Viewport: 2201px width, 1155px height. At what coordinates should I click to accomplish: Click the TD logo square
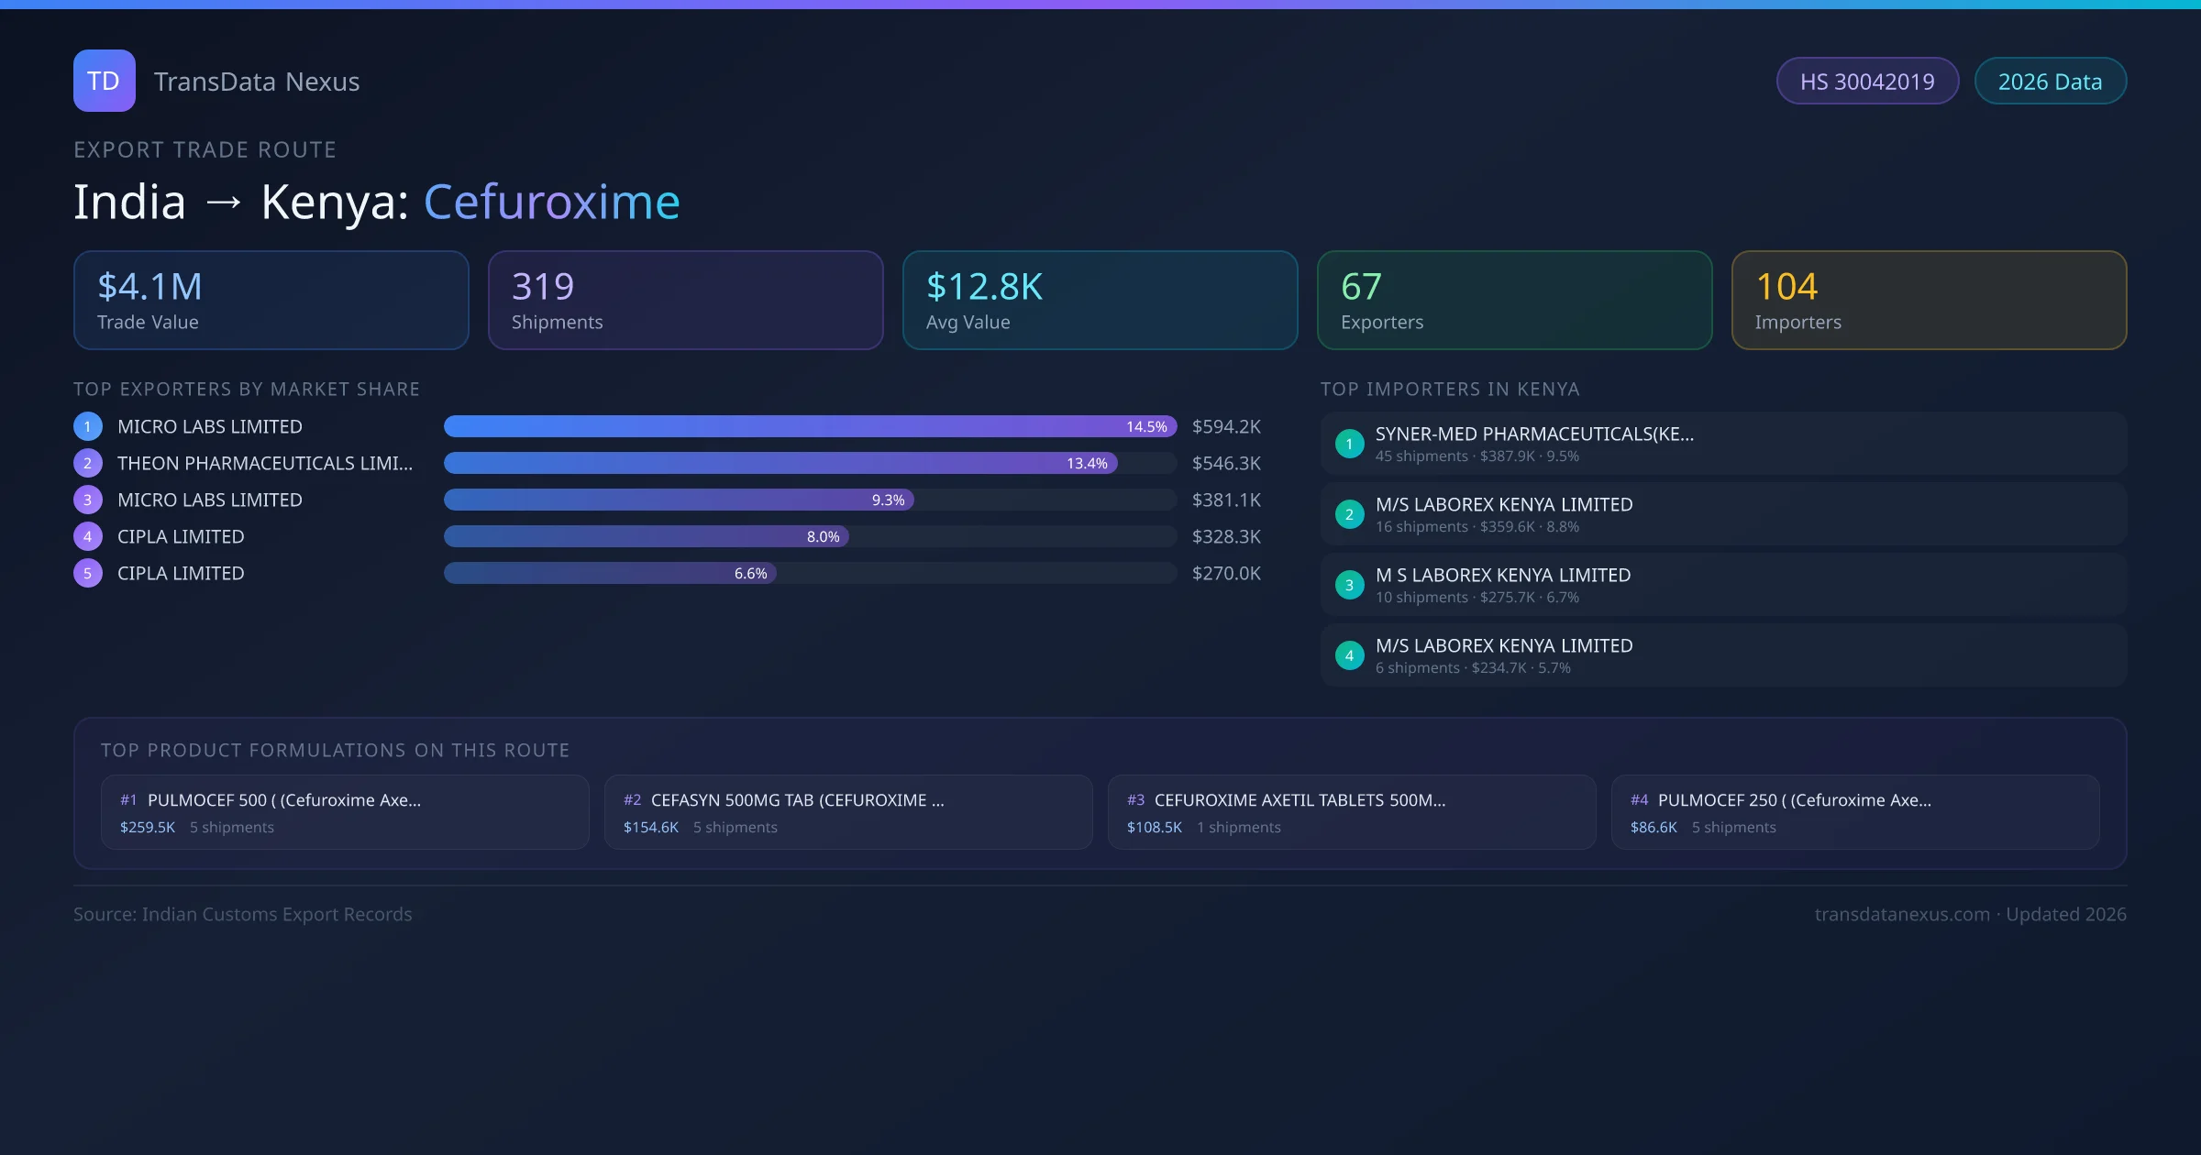coord(104,81)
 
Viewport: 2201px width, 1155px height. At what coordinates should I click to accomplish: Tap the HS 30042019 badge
coord(1866,82)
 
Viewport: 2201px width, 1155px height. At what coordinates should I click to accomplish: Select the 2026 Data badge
coord(2049,82)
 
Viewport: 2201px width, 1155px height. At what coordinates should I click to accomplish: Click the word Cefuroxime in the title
coord(551,202)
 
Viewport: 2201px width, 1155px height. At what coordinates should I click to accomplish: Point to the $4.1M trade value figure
coord(149,287)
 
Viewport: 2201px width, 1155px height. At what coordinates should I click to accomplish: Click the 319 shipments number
coord(543,287)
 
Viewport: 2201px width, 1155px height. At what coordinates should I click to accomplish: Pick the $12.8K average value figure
coord(984,287)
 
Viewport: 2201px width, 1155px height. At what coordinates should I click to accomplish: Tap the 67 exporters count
coord(1361,287)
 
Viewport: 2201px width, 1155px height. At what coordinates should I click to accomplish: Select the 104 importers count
coord(1786,287)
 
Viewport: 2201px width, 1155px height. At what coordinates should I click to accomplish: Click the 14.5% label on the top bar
coord(1146,426)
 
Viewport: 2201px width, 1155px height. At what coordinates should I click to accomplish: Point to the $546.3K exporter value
coord(1226,463)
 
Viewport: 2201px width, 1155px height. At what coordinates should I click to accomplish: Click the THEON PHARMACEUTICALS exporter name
coord(265,463)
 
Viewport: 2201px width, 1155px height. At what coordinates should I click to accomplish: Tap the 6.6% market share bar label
coord(750,573)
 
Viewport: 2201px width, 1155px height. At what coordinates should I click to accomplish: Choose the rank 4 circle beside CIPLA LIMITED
coord(88,536)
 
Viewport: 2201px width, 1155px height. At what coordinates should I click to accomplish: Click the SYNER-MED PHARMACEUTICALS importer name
coord(1534,434)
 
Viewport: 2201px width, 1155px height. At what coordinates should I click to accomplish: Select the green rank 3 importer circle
coord(1349,585)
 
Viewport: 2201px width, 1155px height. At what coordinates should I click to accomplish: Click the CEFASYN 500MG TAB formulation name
coord(797,800)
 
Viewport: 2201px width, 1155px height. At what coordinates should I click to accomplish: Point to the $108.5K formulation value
coord(1154,827)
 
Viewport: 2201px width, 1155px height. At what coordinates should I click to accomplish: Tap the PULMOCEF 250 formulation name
coord(1794,800)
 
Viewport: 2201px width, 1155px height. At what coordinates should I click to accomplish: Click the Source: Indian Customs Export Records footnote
coord(243,914)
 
